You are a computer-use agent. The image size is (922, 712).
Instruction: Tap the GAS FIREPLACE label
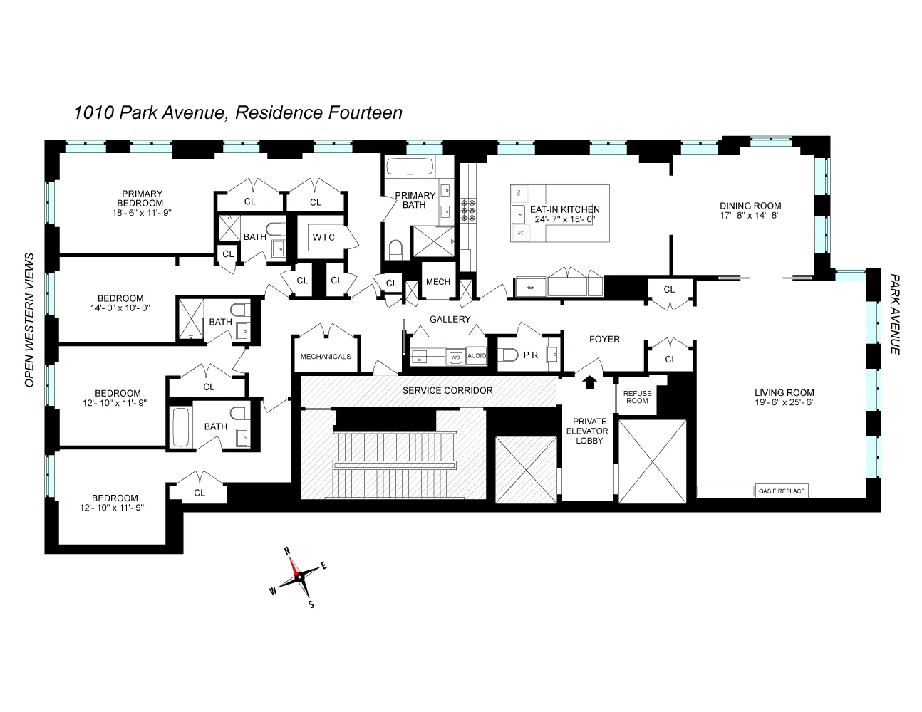tap(782, 491)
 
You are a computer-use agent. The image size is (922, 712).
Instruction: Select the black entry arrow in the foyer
tap(589, 382)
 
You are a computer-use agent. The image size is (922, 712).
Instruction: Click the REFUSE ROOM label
tap(637, 397)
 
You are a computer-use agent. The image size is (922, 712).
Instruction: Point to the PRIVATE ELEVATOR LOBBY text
tap(588, 431)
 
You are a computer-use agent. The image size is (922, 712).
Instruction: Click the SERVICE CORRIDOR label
tap(447, 390)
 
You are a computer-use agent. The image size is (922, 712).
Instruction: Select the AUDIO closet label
tap(477, 355)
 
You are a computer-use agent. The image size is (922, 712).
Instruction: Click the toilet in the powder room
tap(507, 354)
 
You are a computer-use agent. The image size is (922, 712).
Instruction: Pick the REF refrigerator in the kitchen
tap(529, 287)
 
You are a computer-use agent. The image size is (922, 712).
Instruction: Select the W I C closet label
tap(323, 237)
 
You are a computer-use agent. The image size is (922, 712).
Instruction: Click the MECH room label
tap(437, 282)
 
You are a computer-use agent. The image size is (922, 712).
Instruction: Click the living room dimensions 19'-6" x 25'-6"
tap(784, 402)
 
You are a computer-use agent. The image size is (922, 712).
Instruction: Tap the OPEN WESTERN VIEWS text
tap(30, 320)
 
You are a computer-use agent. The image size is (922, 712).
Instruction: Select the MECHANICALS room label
tap(326, 356)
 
